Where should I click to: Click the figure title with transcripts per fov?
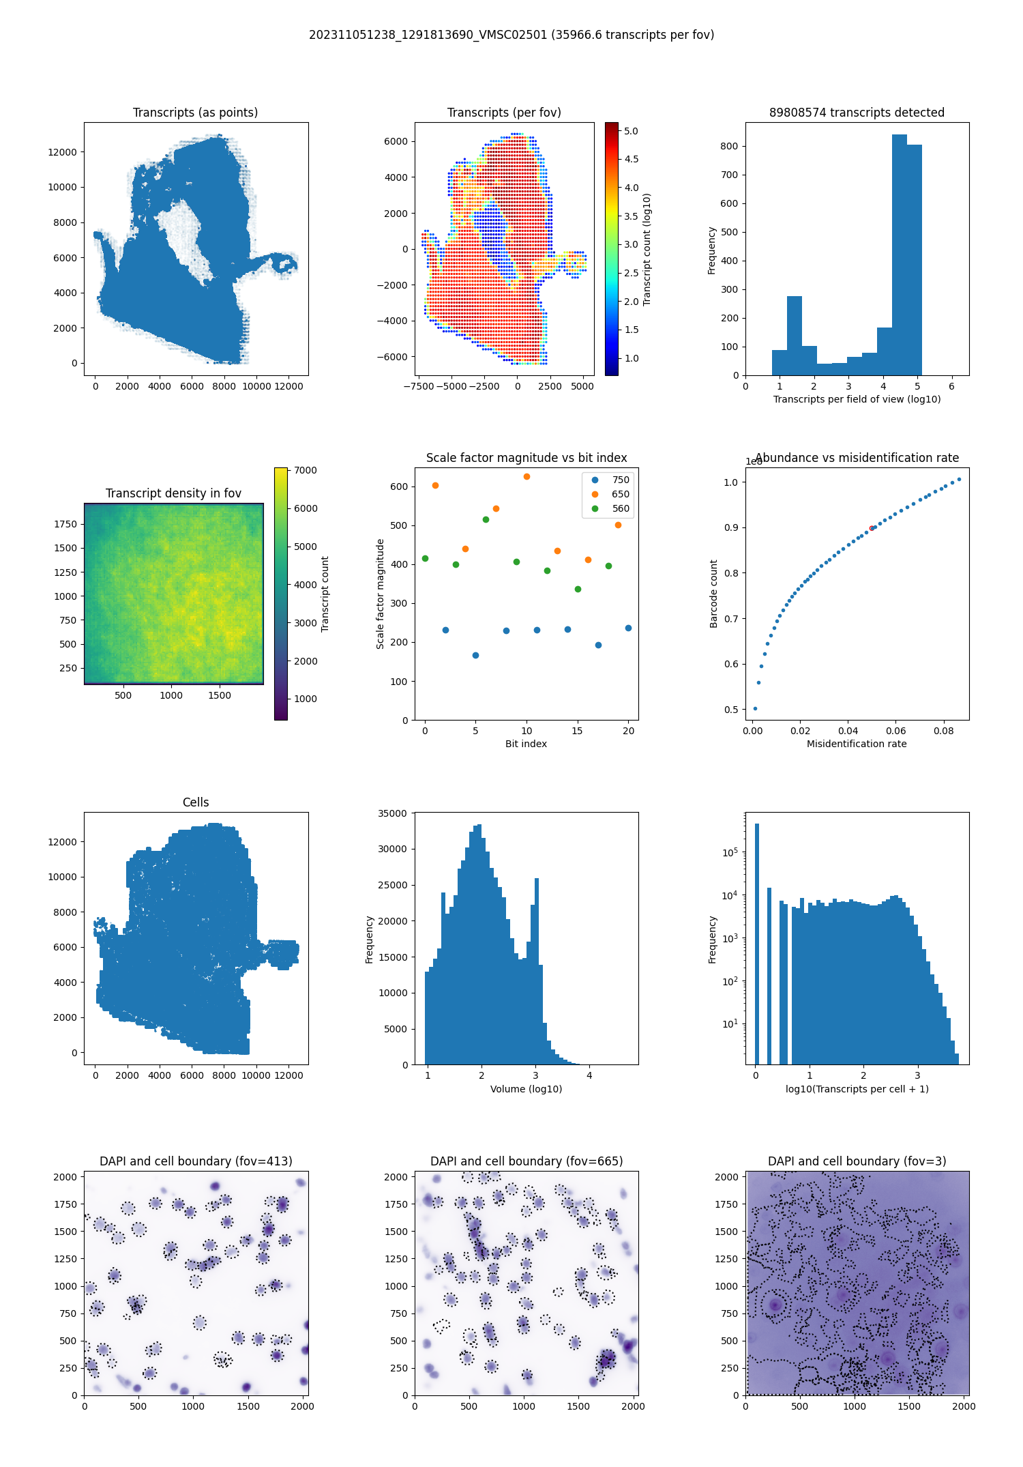pyautogui.click(x=512, y=35)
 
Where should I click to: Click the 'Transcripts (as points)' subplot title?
pyautogui.click(x=195, y=113)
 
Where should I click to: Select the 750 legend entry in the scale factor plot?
pyautogui.click(x=620, y=480)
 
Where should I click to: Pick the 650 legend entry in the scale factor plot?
pyautogui.click(x=620, y=494)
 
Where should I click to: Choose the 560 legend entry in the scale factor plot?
pyautogui.click(x=620, y=508)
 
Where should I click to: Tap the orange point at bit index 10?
pyautogui.click(x=527, y=476)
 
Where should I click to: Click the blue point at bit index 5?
pyautogui.click(x=475, y=655)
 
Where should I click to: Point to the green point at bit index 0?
pyautogui.click(x=425, y=558)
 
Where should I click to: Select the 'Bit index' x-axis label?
pyautogui.click(x=526, y=744)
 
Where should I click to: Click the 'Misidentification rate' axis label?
pyautogui.click(x=857, y=744)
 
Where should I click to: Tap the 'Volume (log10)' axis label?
pyautogui.click(x=526, y=1089)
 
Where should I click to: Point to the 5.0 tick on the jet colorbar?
pyautogui.click(x=631, y=131)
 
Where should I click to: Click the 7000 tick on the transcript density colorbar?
pyautogui.click(x=306, y=470)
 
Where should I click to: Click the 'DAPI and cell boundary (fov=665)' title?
pyautogui.click(x=526, y=1161)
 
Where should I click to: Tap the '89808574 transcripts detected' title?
pyautogui.click(x=857, y=113)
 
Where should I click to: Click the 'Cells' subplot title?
pyautogui.click(x=195, y=802)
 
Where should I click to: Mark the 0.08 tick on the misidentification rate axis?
pyautogui.click(x=944, y=731)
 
